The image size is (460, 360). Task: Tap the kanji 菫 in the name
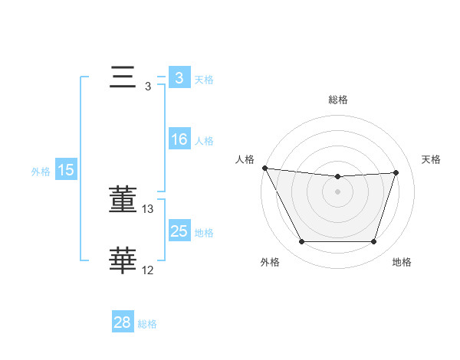click(x=123, y=201)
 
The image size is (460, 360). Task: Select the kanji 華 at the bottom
click(x=123, y=260)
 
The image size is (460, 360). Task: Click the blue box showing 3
click(x=179, y=78)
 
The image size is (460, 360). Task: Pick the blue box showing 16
click(x=179, y=139)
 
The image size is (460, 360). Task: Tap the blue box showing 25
click(x=179, y=231)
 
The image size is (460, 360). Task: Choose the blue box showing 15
click(x=66, y=170)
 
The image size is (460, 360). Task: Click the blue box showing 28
click(x=122, y=322)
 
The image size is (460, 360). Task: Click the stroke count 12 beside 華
click(x=148, y=270)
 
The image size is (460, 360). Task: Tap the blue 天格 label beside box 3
click(x=203, y=79)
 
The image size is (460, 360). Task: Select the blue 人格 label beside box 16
click(x=203, y=141)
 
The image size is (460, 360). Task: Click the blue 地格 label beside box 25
click(x=203, y=232)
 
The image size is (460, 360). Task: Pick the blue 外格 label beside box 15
click(x=41, y=172)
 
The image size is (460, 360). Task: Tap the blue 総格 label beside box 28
click(x=147, y=324)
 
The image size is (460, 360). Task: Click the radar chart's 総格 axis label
click(x=338, y=100)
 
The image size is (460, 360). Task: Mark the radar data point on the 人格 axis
click(x=264, y=168)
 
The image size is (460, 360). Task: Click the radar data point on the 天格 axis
click(x=396, y=172)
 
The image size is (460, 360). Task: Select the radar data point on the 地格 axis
click(x=373, y=242)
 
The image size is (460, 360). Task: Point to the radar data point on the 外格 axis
click(x=301, y=242)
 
